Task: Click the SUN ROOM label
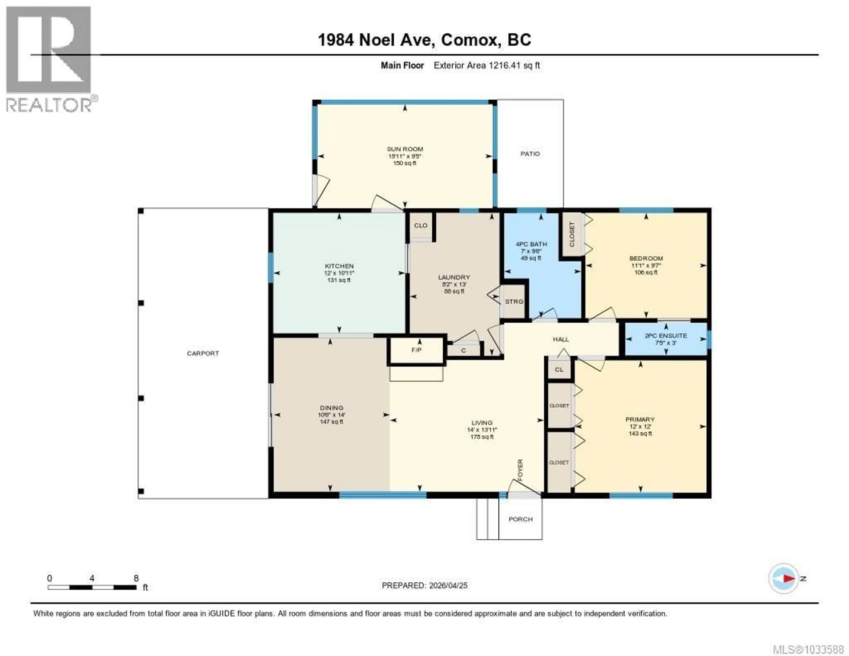click(405, 149)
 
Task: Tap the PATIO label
click(530, 154)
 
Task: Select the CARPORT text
click(203, 353)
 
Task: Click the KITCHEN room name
click(339, 266)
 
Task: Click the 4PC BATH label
click(531, 244)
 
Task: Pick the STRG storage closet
click(514, 301)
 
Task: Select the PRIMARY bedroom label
click(640, 420)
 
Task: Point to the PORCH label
click(520, 520)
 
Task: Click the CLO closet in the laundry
click(421, 226)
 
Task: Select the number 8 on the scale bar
click(136, 578)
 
